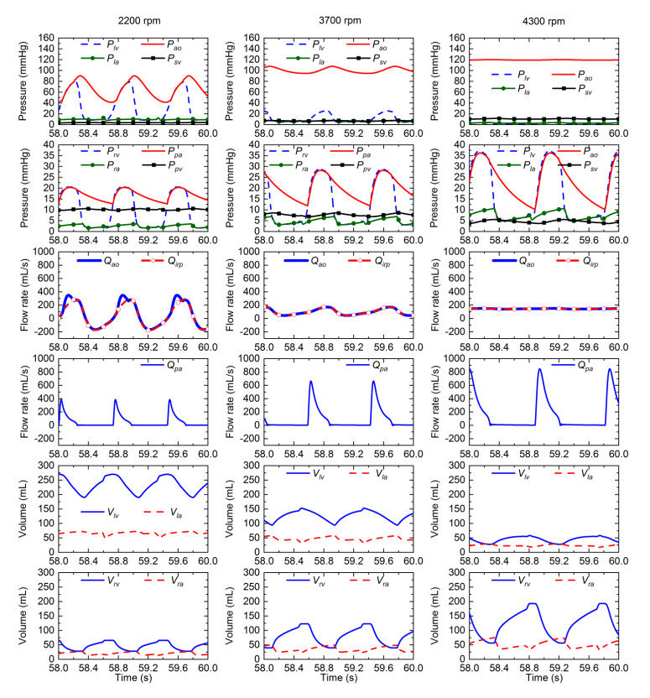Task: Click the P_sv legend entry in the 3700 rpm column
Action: point(388,60)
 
